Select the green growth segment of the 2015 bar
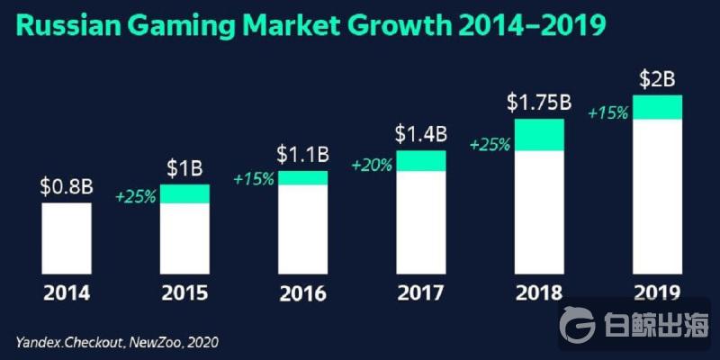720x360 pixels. (184, 193)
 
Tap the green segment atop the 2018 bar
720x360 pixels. (539, 134)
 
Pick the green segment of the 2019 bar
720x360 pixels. (658, 107)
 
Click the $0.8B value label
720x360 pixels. (67, 187)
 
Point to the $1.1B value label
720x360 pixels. (302, 155)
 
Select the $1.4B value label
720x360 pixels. (421, 135)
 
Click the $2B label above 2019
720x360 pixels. (657, 80)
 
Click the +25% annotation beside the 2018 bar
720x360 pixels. (490, 144)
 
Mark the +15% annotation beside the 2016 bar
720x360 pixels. (254, 179)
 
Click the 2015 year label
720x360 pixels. (184, 293)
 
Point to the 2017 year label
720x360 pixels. (421, 293)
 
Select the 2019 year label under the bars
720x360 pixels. (658, 293)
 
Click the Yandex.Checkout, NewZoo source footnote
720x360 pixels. (117, 342)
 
